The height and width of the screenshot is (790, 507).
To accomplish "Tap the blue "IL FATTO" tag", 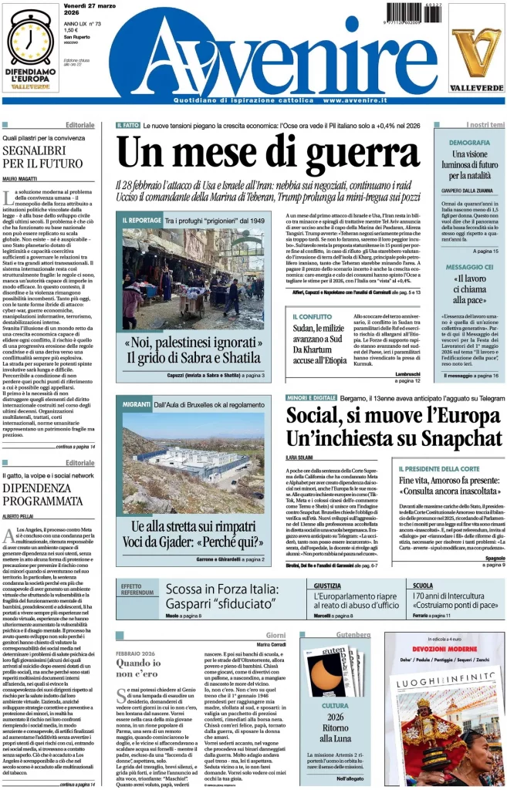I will click(128, 125).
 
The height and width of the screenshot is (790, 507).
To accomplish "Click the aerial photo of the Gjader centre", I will click(192, 455).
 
